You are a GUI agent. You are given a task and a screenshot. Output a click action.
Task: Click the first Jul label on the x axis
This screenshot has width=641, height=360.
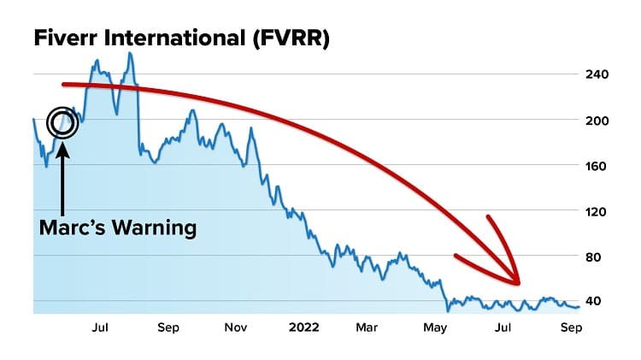coord(99,327)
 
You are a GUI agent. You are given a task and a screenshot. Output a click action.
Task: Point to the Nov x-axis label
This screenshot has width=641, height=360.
coord(236,327)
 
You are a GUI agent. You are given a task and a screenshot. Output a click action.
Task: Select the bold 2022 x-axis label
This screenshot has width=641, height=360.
coord(303,327)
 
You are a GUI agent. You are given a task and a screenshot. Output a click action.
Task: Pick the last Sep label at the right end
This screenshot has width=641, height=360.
coord(570,327)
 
